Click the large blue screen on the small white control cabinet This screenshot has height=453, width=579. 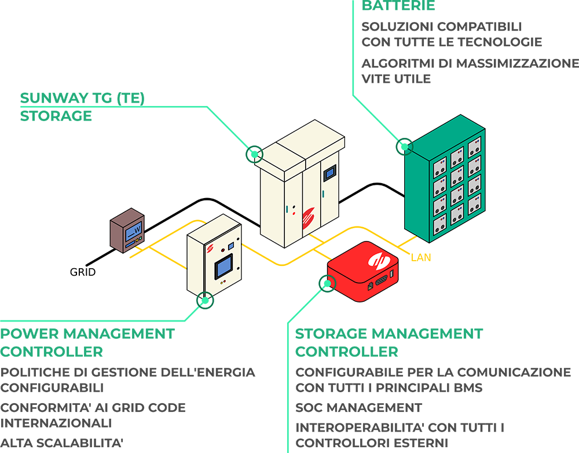[x=223, y=266]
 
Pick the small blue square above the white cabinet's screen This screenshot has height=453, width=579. [x=230, y=246]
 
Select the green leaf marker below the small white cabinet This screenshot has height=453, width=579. [x=203, y=298]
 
